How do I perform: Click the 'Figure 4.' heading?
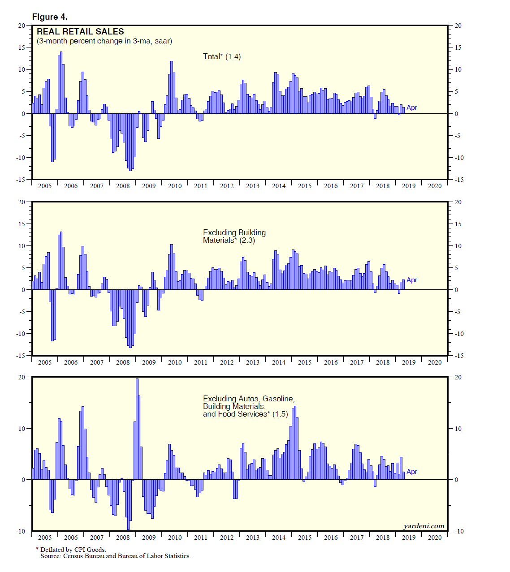click(x=50, y=17)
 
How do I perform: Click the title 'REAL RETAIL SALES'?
click(x=80, y=32)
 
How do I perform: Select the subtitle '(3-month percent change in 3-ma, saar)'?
click(x=104, y=41)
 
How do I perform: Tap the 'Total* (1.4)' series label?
click(x=221, y=56)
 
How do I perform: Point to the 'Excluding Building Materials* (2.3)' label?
click(x=234, y=237)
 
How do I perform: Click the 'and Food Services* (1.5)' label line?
click(x=245, y=414)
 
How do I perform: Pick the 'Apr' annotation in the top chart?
click(x=412, y=108)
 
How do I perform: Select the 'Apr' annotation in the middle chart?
click(x=412, y=280)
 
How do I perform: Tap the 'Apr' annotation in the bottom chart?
click(x=412, y=472)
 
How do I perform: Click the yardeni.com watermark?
click(x=424, y=526)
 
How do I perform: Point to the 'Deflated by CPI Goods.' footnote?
click(x=73, y=550)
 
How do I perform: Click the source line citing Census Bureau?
click(x=115, y=556)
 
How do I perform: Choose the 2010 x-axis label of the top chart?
click(x=175, y=186)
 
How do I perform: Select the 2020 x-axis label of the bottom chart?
click(x=434, y=538)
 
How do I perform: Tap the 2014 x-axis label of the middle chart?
click(x=279, y=362)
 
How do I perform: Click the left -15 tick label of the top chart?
click(x=21, y=180)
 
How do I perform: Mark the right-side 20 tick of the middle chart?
click(x=458, y=202)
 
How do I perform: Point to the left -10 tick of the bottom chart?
click(x=21, y=531)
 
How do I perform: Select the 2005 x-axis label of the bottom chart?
click(x=45, y=538)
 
